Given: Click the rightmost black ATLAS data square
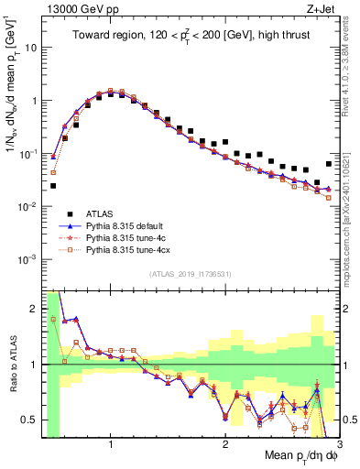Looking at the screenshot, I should [329, 164].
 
